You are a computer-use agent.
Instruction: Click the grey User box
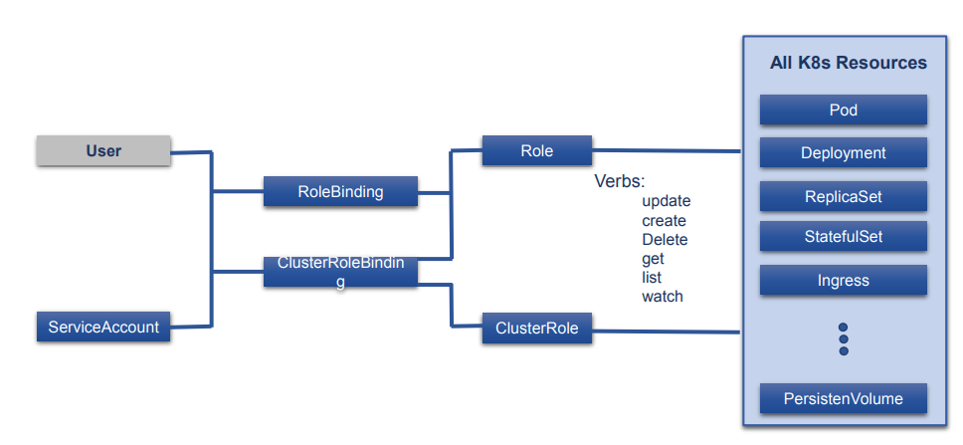tap(103, 151)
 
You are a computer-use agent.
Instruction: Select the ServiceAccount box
tap(103, 327)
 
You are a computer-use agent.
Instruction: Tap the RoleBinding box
tap(340, 192)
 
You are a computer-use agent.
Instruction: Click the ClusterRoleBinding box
tap(340, 272)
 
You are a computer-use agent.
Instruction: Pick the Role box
tap(536, 151)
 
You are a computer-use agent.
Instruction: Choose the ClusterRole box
tap(536, 328)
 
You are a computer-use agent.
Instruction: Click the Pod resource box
tap(843, 110)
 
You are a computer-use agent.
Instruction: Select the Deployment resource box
tap(843, 153)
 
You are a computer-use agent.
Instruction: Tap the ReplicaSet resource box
tap(843, 197)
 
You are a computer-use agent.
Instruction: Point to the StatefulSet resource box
tap(843, 237)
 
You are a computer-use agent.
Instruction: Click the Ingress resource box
tap(843, 281)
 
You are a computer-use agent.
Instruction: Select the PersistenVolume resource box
tap(843, 398)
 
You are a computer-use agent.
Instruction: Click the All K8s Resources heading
tap(848, 63)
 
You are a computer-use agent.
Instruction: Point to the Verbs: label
tap(620, 182)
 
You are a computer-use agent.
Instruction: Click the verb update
tap(666, 201)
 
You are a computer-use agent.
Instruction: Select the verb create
tap(664, 220)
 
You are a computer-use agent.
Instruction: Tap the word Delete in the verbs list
tap(665, 239)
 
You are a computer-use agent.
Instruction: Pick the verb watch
tap(663, 296)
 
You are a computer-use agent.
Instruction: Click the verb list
tap(652, 277)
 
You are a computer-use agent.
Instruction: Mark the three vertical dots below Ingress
tap(844, 338)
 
